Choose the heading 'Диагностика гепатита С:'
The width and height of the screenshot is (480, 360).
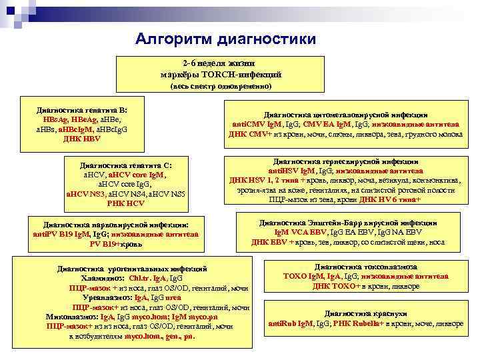(126, 164)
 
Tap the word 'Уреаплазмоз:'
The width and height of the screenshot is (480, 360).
(108, 297)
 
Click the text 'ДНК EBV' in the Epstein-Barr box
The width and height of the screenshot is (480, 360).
(267, 242)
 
